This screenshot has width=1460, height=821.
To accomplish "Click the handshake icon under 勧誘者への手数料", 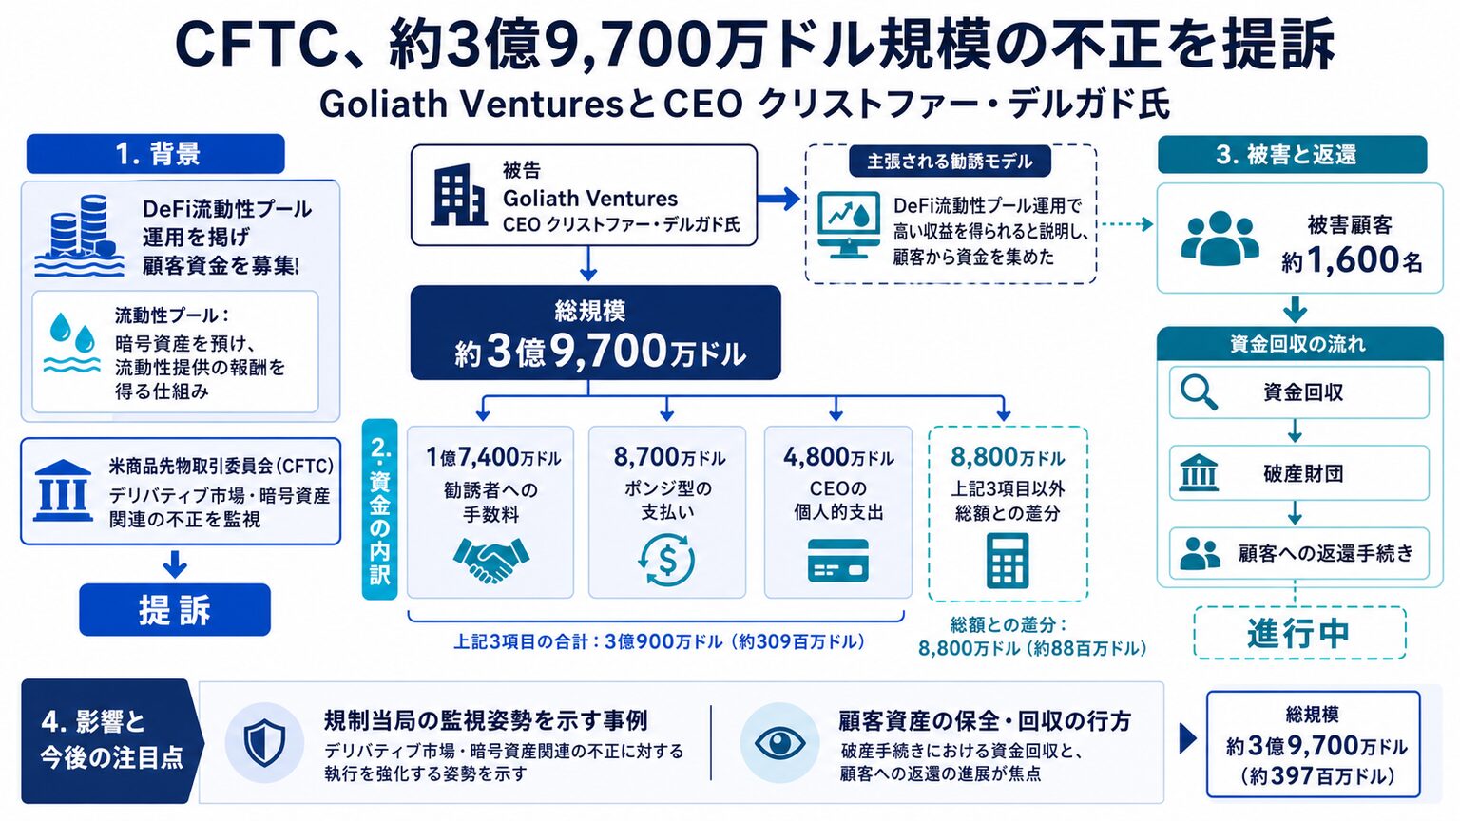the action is [x=490, y=559].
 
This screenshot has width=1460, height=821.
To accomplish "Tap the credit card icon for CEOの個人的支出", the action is [x=837, y=560].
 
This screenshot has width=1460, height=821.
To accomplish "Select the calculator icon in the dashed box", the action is [x=1008, y=561].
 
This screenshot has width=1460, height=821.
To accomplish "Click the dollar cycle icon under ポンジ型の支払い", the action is [x=666, y=559].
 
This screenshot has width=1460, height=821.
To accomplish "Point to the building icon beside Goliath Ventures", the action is [x=459, y=195].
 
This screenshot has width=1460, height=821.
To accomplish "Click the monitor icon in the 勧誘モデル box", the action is [x=848, y=225].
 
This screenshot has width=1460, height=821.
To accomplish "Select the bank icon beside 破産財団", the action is [x=1199, y=473].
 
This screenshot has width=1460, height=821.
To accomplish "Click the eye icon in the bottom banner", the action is [x=779, y=743].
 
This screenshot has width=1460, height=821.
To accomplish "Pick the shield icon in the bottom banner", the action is [x=264, y=743].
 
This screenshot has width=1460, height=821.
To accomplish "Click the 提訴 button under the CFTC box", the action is [x=175, y=610].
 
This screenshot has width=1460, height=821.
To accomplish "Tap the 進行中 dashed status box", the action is [x=1299, y=633].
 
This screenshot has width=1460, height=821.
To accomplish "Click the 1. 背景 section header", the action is [x=156, y=154].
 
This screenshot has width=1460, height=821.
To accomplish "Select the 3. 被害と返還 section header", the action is [x=1292, y=155].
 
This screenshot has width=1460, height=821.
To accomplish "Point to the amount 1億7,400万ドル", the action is [x=492, y=457].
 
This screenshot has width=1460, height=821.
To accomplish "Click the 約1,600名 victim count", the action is [x=1352, y=260].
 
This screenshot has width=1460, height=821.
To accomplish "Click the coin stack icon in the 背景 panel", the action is [x=80, y=236].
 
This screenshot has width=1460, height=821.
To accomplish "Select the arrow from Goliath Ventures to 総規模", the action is [x=588, y=263].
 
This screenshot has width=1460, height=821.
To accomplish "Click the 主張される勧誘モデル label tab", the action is [x=950, y=161].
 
